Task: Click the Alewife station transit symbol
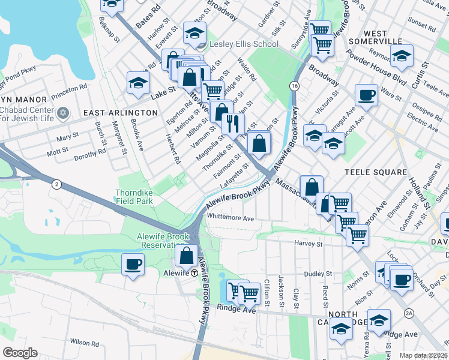pos(195,272)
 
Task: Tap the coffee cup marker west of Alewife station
pos(133,263)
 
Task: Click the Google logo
pos(20,353)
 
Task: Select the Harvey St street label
pos(309,244)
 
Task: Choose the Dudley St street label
pos(314,273)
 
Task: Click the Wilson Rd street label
pos(84,341)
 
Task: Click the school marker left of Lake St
pos(138,83)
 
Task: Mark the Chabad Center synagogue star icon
pos(63,112)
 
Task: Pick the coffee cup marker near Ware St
pos(366,94)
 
